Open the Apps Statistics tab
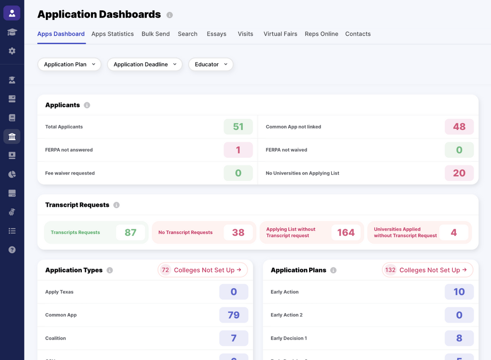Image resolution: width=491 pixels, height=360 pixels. click(112, 34)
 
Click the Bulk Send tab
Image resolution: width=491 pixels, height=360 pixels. click(155, 34)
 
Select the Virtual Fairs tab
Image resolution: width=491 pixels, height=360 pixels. click(280, 34)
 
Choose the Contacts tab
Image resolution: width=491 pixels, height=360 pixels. click(358, 34)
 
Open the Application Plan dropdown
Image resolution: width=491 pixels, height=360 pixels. click(70, 65)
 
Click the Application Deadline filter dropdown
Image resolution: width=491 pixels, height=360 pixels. click(145, 65)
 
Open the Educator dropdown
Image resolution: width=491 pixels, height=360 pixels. click(211, 65)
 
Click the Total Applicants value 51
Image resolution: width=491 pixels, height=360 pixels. click(238, 127)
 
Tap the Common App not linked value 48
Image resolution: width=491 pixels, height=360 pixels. click(459, 127)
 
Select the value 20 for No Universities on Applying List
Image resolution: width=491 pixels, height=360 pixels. click(459, 173)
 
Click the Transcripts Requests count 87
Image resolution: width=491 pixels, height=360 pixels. click(130, 233)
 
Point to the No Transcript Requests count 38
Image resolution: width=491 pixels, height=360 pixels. click(238, 233)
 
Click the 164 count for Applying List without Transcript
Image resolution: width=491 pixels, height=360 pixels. click(346, 233)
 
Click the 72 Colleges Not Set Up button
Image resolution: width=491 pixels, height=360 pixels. click(203, 270)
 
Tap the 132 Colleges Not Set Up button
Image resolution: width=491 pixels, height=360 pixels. click(427, 270)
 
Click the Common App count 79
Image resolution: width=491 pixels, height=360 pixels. click(234, 315)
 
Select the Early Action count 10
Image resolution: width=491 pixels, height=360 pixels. click(459, 292)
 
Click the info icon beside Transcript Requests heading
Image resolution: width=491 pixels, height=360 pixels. click(116, 205)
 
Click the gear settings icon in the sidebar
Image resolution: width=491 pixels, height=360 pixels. click(12, 51)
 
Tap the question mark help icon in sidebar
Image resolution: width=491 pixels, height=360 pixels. click(12, 250)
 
